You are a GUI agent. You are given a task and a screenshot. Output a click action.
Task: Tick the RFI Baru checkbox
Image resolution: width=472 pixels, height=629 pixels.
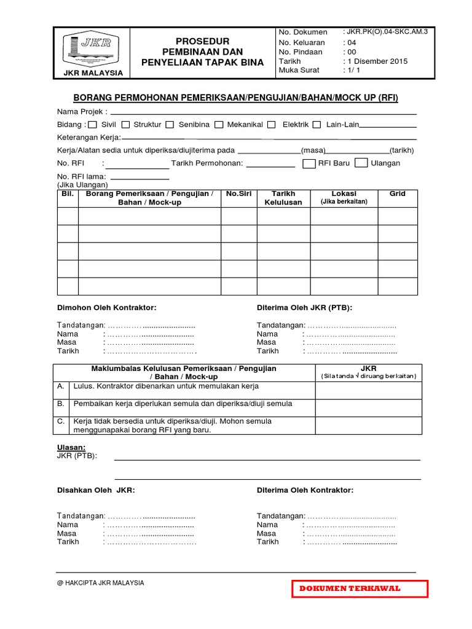point(309,163)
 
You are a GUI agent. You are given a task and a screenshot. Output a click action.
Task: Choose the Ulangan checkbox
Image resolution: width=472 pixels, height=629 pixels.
point(362,163)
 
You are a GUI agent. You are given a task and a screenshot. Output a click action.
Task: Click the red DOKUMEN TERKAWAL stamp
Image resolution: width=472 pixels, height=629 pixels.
point(358,588)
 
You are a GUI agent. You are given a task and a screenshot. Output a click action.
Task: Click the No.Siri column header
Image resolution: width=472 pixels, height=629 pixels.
point(239,194)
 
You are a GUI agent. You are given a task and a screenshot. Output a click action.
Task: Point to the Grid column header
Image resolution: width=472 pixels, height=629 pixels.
point(397,194)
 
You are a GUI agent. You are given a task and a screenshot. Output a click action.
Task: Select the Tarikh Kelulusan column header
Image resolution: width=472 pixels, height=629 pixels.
point(283,198)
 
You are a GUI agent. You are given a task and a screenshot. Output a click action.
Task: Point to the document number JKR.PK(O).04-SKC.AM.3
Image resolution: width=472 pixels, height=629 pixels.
point(384,32)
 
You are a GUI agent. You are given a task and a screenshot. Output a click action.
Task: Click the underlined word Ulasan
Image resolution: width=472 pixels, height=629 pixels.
point(71,447)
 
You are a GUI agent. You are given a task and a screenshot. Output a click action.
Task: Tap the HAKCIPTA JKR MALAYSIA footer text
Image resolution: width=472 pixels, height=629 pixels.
point(101,583)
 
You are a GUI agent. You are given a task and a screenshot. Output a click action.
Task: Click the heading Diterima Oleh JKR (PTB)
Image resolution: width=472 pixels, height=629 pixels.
point(304,307)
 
